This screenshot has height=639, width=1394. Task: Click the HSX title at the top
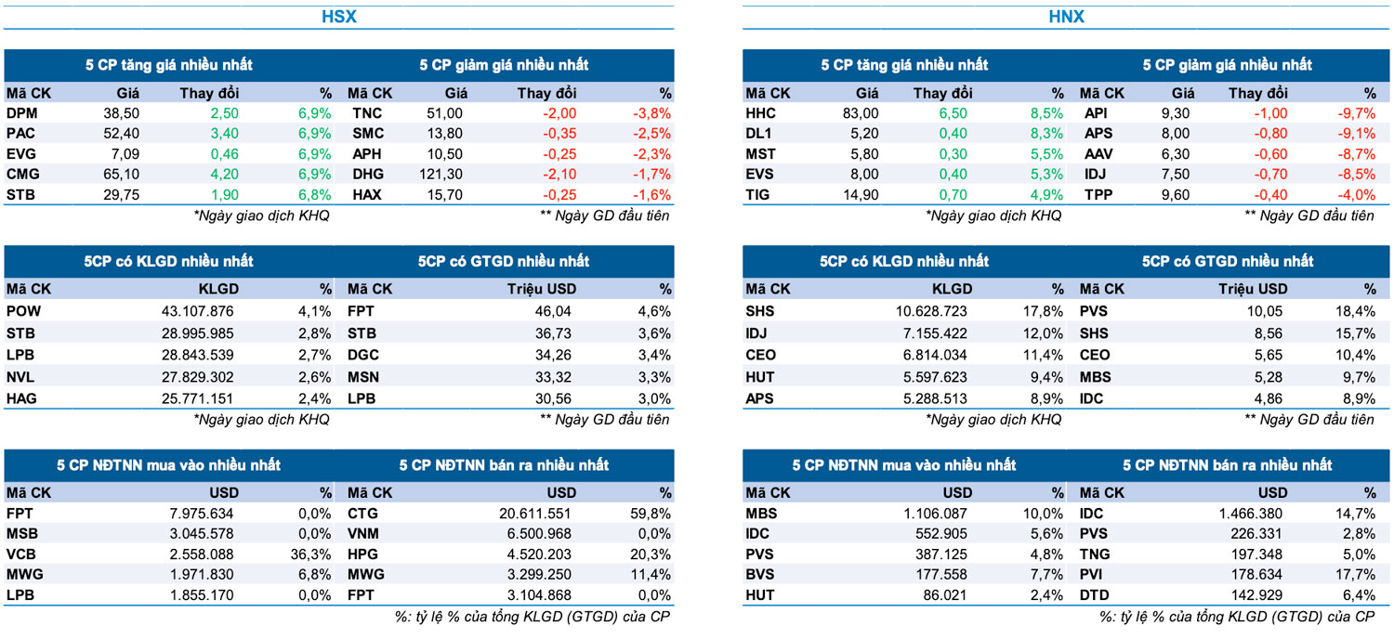coord(338,17)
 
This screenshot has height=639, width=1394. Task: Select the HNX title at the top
coord(1066,17)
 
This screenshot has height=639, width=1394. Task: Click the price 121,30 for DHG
coord(440,174)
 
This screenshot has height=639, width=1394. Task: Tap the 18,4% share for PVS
coord(1357,311)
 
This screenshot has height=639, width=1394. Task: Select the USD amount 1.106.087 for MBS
coord(933,513)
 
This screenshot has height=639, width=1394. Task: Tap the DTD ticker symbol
coord(1095,594)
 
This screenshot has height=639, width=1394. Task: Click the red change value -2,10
coord(557,174)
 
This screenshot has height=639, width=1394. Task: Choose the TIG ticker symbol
coord(759,194)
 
